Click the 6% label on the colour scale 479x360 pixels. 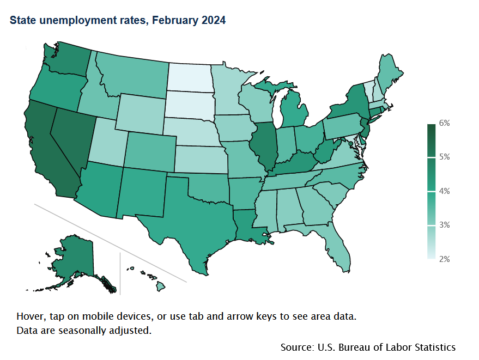point(445,123)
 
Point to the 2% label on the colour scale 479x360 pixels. point(445,259)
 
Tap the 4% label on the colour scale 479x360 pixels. point(445,191)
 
